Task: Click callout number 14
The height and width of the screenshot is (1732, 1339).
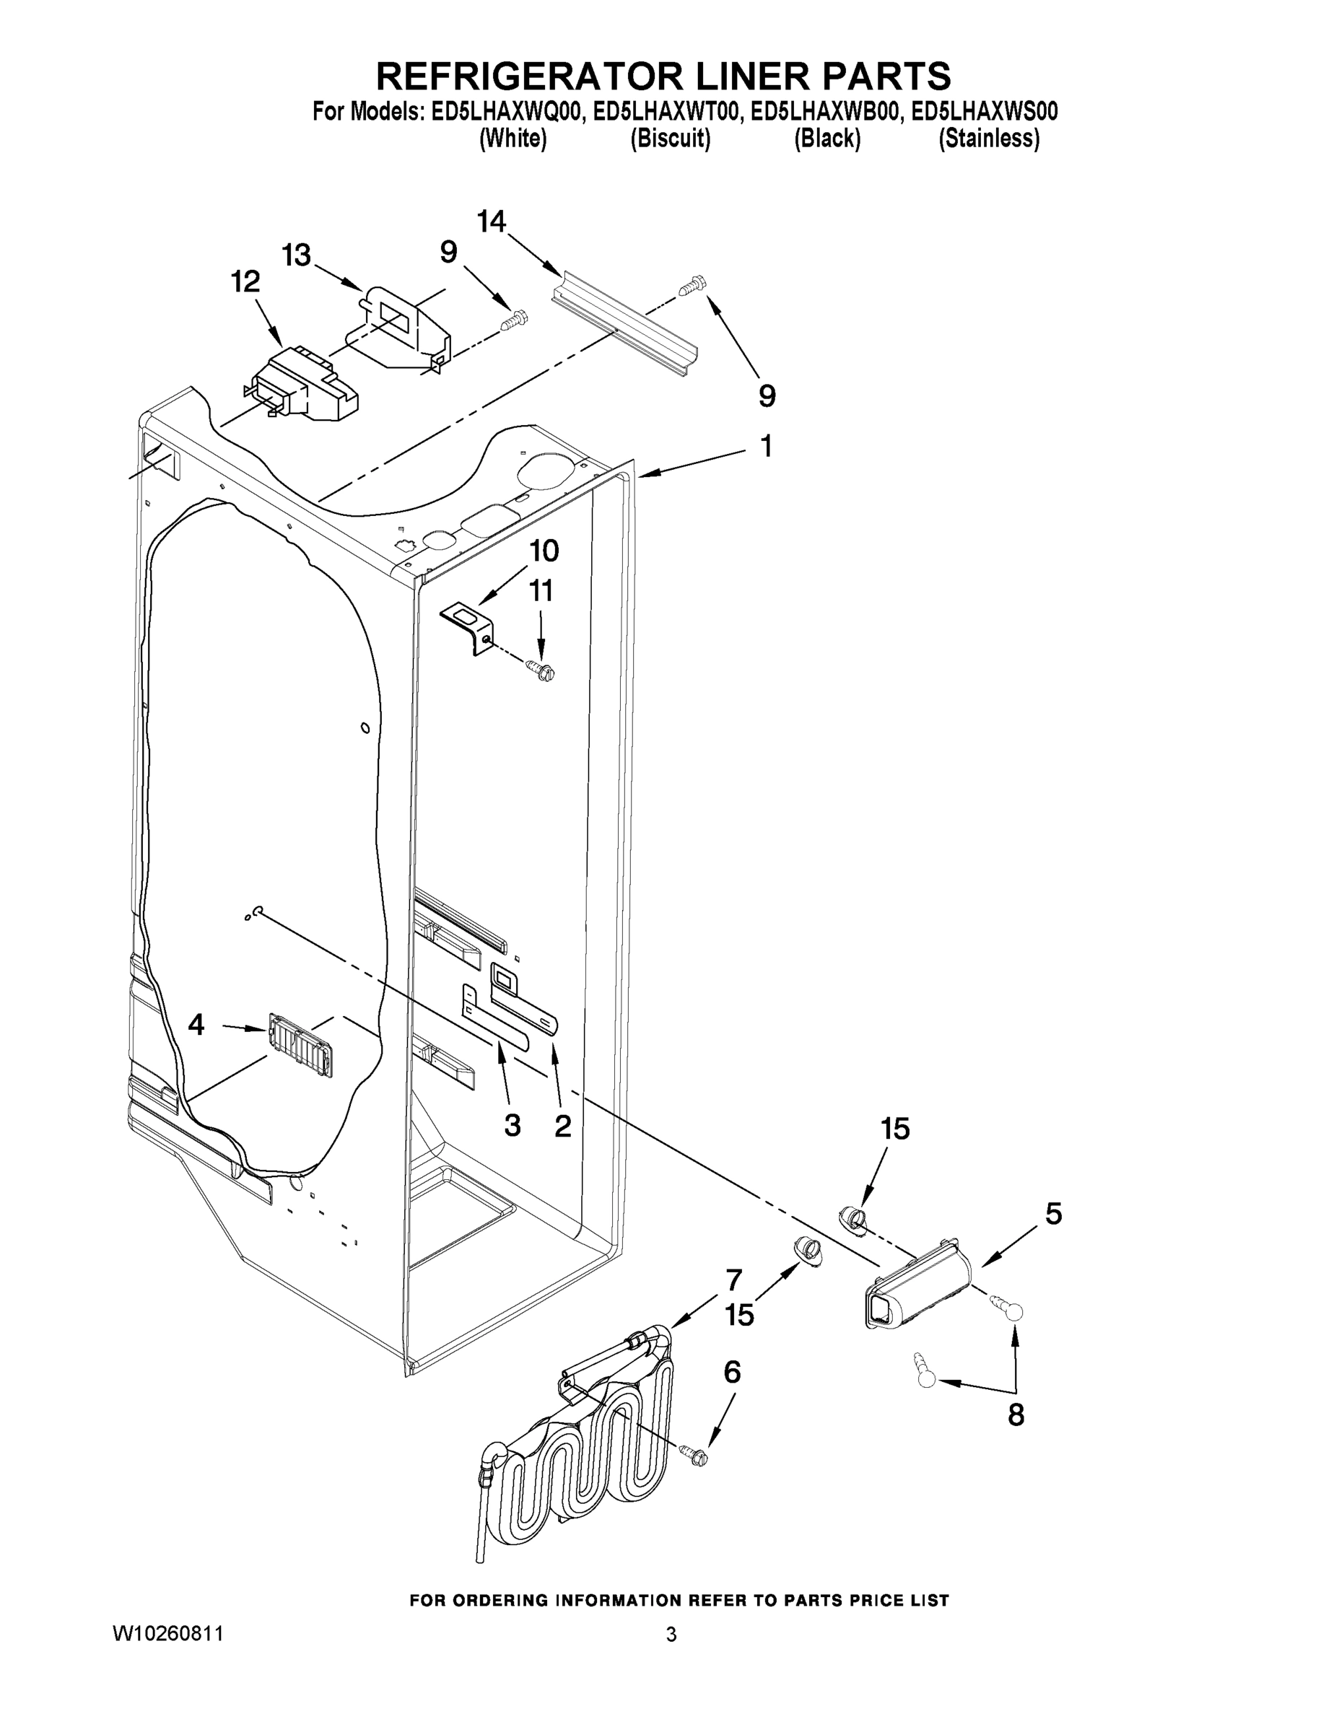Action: [491, 222]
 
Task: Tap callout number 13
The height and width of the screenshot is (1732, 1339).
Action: [296, 255]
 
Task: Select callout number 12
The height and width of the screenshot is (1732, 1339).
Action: [245, 281]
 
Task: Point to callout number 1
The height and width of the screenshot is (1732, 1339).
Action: [765, 446]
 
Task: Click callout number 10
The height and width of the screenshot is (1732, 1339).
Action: [544, 550]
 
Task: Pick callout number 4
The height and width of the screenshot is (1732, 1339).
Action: [196, 1025]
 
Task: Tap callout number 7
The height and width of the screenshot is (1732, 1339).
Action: [734, 1280]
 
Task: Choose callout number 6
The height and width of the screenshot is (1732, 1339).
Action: [732, 1371]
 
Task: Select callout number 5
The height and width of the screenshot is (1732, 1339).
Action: [1053, 1213]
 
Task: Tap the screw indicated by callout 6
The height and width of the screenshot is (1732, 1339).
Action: [695, 1453]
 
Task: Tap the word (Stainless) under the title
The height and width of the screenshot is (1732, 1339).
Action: [988, 139]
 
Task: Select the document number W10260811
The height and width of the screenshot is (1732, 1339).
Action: [168, 1634]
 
